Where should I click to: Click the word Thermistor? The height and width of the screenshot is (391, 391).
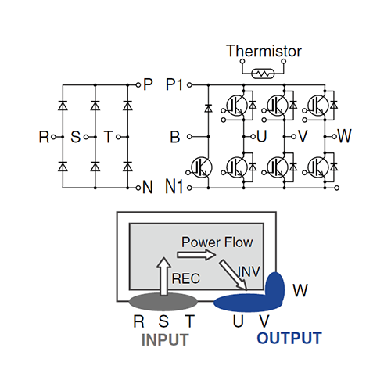pos(264,52)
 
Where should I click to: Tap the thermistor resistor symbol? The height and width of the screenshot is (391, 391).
pos(264,72)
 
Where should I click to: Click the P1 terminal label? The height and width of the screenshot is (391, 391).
pos(178,84)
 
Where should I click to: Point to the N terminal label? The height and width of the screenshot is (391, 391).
pos(149,188)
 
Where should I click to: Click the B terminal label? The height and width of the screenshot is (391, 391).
pos(175,138)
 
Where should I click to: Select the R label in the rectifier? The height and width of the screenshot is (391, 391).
pos(43,138)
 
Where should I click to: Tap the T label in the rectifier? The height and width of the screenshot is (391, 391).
pos(108,138)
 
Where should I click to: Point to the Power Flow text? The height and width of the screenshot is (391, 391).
pos(217,242)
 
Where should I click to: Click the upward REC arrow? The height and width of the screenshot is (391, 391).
pos(163,278)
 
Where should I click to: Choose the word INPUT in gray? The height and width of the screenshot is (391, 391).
pos(167,339)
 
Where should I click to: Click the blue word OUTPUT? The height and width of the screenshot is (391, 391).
pos(289,339)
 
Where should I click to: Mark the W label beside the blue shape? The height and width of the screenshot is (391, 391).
pos(300,290)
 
